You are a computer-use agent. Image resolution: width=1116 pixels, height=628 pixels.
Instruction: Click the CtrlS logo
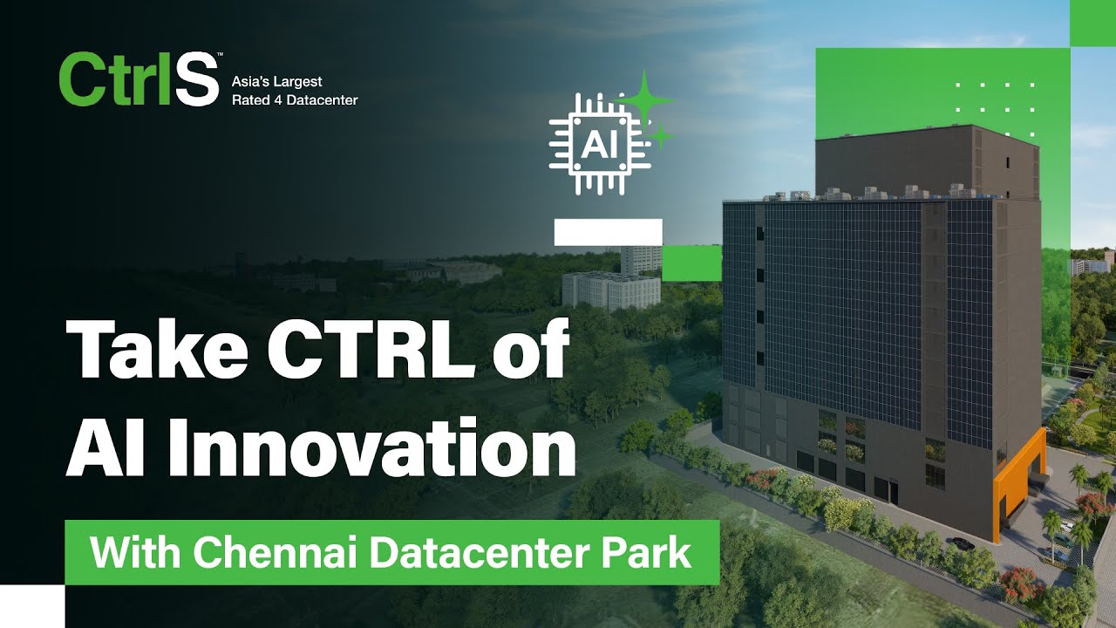138,79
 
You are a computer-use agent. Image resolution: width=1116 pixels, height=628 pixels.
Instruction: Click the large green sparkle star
645,99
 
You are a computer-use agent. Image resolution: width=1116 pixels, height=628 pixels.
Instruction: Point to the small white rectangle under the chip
608,232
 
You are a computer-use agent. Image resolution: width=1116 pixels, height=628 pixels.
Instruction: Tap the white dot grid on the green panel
995,99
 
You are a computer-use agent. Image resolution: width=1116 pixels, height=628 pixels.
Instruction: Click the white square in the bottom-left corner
32,606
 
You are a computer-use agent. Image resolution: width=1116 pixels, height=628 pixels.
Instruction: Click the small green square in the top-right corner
1092,23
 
